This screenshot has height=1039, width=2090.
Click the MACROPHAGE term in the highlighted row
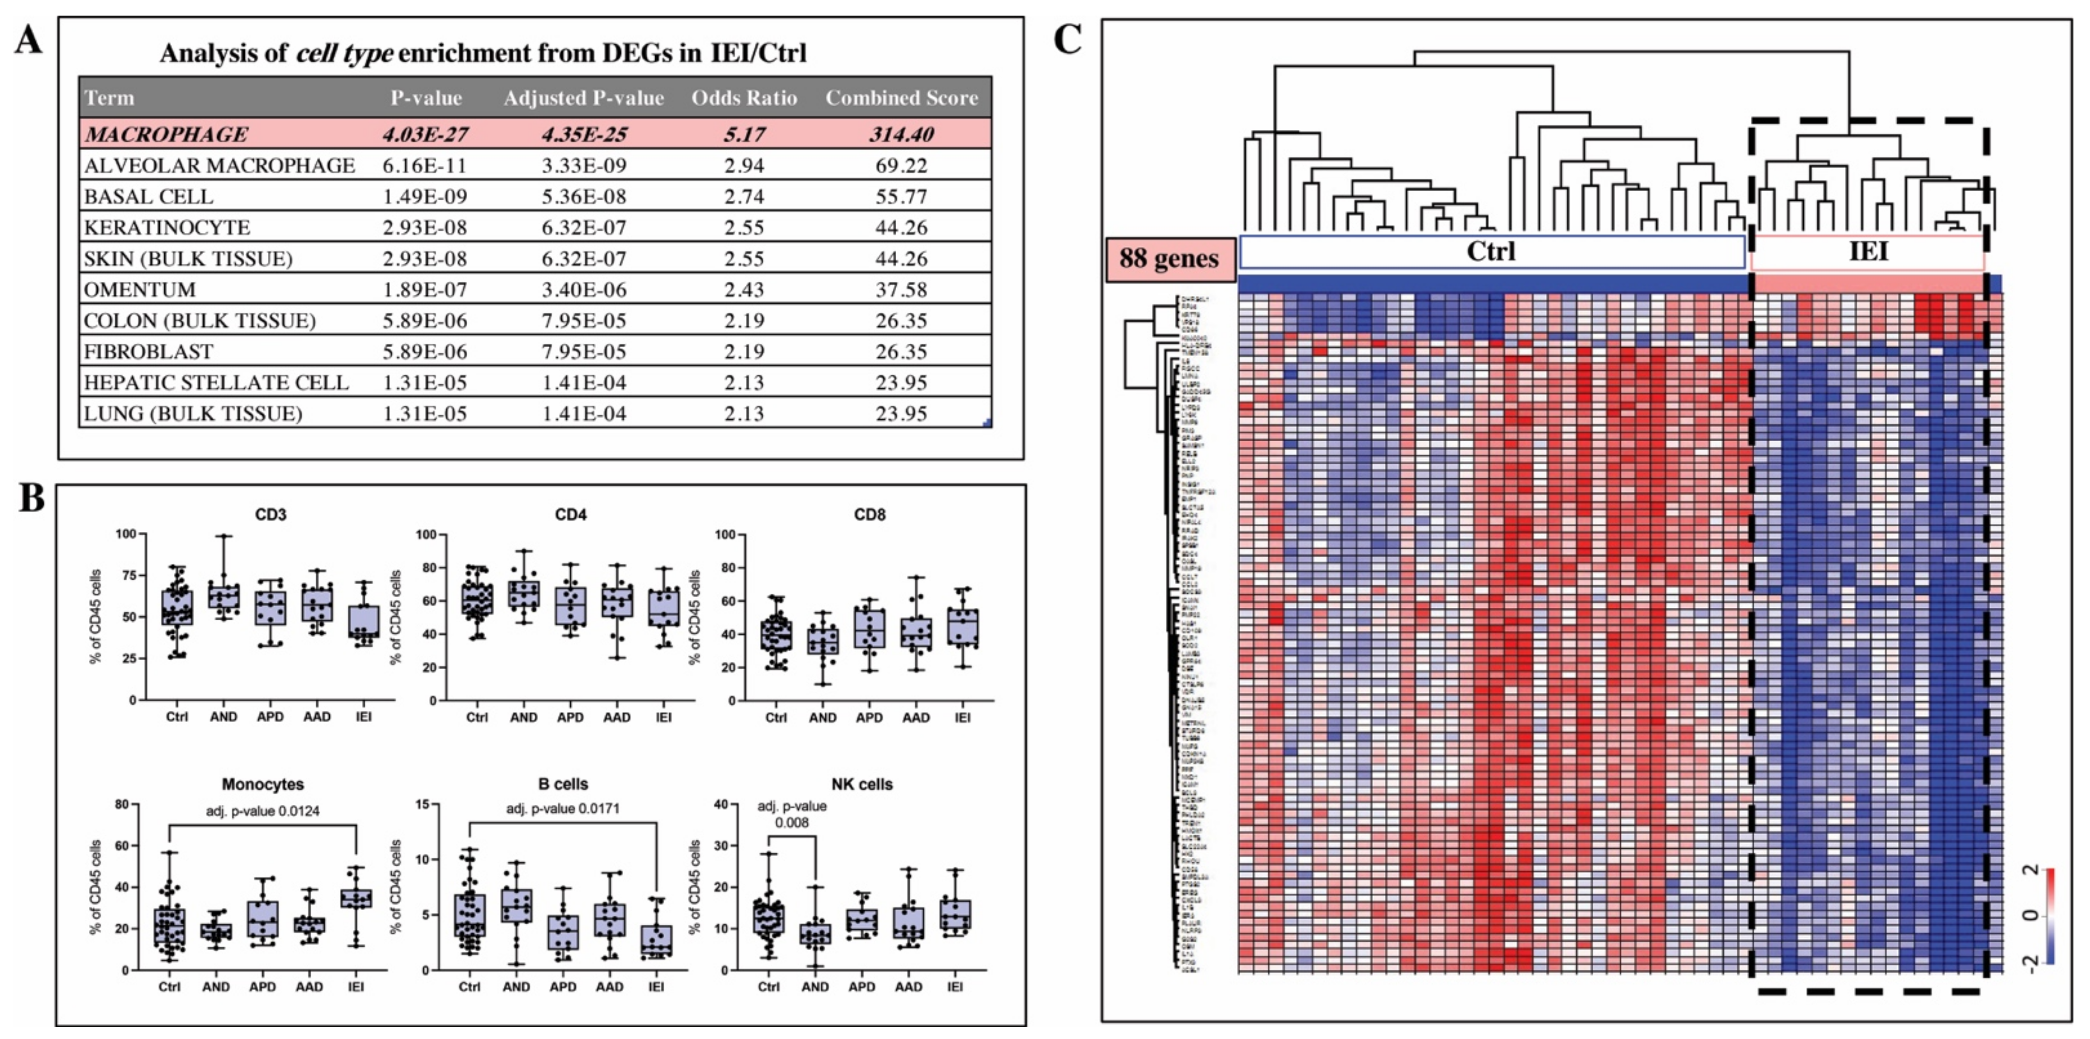click(x=166, y=134)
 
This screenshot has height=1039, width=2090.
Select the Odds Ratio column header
click(x=744, y=98)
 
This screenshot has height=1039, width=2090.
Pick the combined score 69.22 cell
click(x=900, y=165)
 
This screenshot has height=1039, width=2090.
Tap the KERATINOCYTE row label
click(x=167, y=227)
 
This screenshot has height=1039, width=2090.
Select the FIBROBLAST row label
click(x=148, y=351)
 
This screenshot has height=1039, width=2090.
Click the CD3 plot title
click(x=270, y=514)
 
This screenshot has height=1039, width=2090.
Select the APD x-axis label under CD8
click(x=869, y=718)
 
